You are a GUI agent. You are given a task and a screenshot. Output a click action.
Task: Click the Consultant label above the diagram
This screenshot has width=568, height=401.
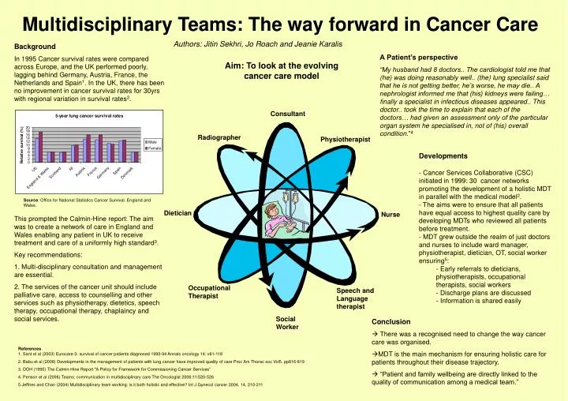click(x=287, y=114)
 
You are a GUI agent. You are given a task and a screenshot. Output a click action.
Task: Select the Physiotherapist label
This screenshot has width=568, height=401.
click(x=345, y=140)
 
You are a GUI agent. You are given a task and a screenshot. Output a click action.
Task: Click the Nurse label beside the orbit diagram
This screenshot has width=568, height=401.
click(x=390, y=215)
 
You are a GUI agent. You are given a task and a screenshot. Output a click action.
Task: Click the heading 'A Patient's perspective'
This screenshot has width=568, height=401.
click(x=418, y=57)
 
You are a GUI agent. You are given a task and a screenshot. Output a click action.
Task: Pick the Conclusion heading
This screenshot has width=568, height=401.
click(x=390, y=321)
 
